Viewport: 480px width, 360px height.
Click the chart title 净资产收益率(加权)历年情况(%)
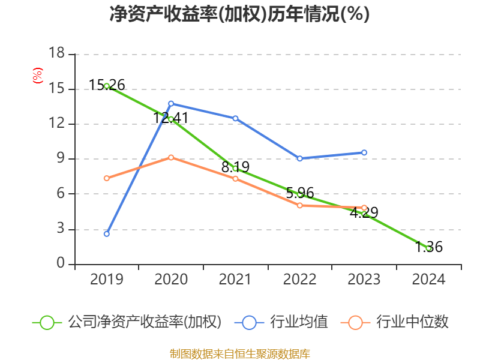point(239,14)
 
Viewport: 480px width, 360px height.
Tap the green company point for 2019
point(107,86)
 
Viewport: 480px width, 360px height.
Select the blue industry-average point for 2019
point(107,233)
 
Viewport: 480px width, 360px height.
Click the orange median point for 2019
point(107,178)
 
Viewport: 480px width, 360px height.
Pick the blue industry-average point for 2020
point(171,103)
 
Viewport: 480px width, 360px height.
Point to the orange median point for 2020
point(171,157)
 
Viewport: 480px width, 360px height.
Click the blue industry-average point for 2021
point(235,118)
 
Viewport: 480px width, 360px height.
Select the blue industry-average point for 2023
point(364,152)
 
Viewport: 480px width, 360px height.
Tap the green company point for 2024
point(428,248)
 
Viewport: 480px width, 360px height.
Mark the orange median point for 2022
point(299,205)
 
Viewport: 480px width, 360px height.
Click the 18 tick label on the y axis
point(56,54)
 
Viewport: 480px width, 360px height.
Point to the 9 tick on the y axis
point(61,159)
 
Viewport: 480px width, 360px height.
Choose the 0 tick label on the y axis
point(61,263)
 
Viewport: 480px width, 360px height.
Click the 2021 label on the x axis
point(235,280)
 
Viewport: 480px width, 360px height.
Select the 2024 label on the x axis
point(428,280)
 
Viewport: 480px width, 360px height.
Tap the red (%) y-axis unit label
point(38,76)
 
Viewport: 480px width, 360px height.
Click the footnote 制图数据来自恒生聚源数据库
point(239,353)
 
